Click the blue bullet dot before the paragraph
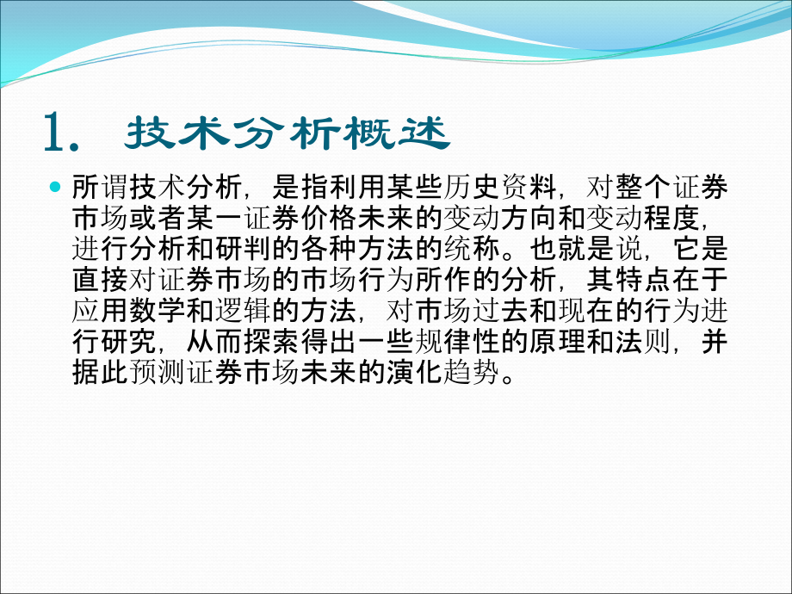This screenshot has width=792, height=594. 55,188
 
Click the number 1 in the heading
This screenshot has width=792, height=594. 54,132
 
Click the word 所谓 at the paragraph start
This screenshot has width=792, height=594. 100,188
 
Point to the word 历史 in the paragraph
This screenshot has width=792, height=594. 471,188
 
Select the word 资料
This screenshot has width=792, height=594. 529,188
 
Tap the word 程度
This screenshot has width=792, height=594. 671,218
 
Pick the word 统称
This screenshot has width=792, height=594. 471,249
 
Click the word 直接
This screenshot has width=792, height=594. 100,280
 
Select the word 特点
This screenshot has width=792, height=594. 642,280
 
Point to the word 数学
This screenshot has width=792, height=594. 157,311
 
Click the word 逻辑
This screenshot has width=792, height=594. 243,311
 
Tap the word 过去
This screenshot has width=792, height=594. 499,311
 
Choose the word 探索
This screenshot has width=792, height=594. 271,342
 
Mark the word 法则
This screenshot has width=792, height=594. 642,342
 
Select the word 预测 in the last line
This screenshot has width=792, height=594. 157,372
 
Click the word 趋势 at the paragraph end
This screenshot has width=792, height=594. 471,372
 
